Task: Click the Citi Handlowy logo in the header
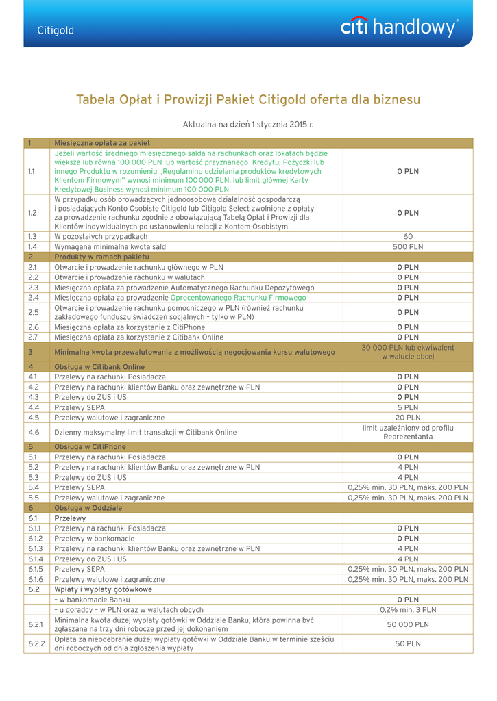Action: [x=399, y=28]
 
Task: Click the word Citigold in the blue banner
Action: [x=56, y=31]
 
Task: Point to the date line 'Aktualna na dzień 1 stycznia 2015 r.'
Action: [x=248, y=124]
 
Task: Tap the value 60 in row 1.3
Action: [x=408, y=236]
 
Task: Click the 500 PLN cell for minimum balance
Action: [x=408, y=246]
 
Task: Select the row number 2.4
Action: [x=33, y=298]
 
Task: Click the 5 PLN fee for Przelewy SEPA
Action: [x=408, y=407]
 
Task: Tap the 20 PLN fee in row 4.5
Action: [x=408, y=418]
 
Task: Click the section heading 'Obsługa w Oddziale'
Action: [x=88, y=508]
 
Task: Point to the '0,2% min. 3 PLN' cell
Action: [x=408, y=610]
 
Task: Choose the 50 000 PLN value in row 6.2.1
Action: [x=408, y=624]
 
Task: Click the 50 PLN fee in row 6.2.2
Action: [x=408, y=643]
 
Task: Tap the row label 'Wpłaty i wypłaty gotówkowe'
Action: [x=103, y=589]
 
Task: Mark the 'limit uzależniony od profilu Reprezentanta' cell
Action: [x=408, y=432]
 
